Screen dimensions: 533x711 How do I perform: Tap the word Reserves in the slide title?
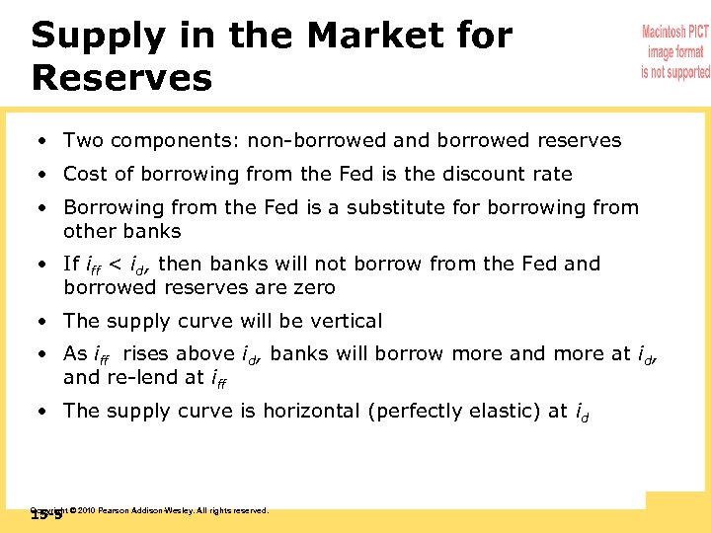[121, 78]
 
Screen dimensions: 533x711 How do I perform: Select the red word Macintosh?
[675, 33]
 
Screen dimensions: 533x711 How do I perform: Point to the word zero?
[312, 287]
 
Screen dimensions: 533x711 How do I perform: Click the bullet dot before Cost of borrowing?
[44, 175]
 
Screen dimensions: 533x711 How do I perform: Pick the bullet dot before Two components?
[44, 141]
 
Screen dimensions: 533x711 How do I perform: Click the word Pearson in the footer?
[114, 510]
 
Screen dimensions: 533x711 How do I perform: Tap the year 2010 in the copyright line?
[86, 510]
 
